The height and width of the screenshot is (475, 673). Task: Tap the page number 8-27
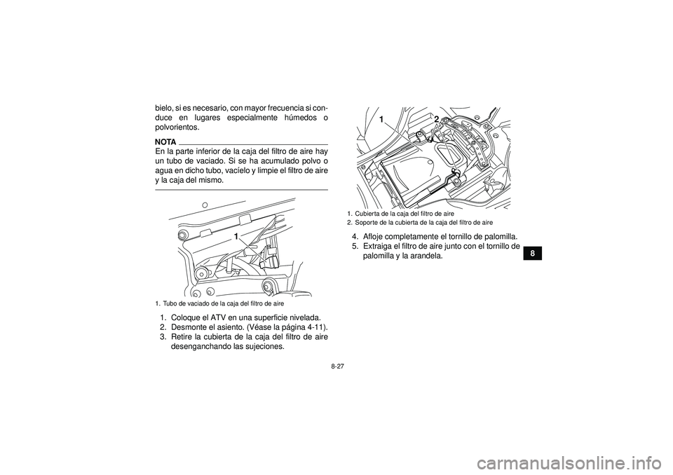(336, 365)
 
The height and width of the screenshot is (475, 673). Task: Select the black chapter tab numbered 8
(531, 253)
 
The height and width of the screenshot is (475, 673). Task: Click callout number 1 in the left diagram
(237, 237)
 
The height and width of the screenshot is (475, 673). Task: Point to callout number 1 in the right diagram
(383, 121)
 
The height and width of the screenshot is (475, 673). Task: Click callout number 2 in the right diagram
(435, 119)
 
